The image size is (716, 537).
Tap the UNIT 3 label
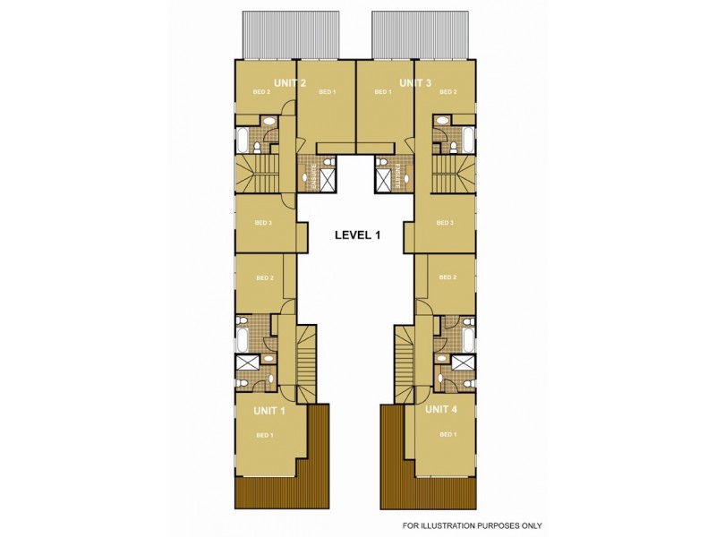coord(415,83)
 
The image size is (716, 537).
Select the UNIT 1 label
coord(269,411)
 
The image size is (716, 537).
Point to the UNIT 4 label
coord(441,410)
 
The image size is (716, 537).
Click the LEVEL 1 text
coord(357,235)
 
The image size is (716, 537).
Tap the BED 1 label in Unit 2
coord(327,92)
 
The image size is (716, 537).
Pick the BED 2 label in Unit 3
coord(448,92)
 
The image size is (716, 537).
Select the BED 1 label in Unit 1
coord(264,435)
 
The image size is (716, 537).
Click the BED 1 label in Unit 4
coord(447,435)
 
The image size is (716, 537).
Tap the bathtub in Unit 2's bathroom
coord(243,141)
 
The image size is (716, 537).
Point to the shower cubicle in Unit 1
coord(246,362)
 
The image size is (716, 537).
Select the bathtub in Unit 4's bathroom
coord(469,339)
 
